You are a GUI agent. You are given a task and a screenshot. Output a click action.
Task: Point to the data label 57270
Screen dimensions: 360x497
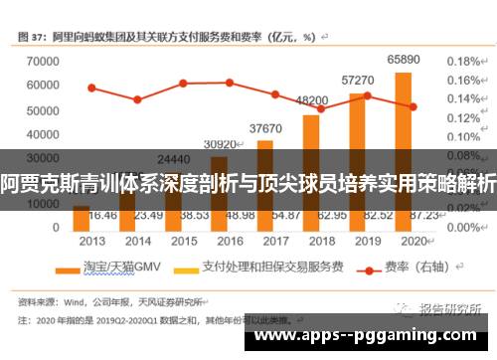[357, 80]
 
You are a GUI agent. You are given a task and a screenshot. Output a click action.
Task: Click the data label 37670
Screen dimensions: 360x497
[265, 128]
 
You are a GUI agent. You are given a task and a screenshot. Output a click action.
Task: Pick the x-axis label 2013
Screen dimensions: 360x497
[92, 240]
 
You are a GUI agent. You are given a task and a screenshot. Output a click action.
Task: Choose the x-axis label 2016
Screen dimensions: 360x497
[230, 240]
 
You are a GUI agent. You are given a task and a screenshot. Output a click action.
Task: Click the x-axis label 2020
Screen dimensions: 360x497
[412, 240]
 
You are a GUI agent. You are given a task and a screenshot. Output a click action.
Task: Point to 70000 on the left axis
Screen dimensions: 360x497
[42, 62]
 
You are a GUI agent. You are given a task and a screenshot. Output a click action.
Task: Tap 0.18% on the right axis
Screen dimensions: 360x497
[463, 61]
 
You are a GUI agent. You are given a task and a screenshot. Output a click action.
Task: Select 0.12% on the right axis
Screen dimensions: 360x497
[463, 117]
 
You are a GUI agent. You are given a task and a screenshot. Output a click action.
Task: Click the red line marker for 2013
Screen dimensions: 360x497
[91, 88]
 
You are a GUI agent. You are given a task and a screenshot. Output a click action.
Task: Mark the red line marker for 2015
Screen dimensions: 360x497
[183, 83]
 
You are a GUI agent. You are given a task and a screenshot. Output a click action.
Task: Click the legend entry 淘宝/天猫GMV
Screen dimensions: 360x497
[109, 267]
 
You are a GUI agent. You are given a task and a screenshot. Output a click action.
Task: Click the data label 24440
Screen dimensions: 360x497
[174, 159]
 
